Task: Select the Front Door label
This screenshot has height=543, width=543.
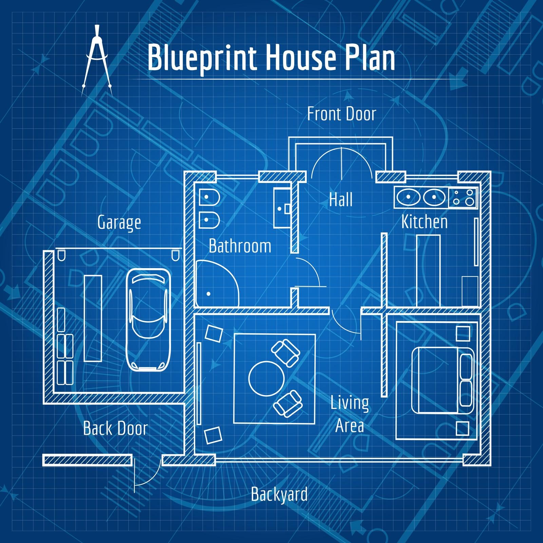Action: pyautogui.click(x=342, y=114)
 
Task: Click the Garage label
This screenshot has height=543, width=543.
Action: pyautogui.click(x=119, y=223)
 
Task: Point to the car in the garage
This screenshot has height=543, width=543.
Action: pyautogui.click(x=148, y=320)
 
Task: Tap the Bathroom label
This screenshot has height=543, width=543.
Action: pyautogui.click(x=240, y=246)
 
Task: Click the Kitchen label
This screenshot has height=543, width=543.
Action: pyautogui.click(x=425, y=222)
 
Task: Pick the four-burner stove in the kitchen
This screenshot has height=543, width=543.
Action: pyautogui.click(x=463, y=197)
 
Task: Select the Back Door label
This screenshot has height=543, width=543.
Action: pyautogui.click(x=115, y=428)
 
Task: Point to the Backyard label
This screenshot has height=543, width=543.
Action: pyautogui.click(x=279, y=494)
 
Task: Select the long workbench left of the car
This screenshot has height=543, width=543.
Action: pyautogui.click(x=93, y=318)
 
